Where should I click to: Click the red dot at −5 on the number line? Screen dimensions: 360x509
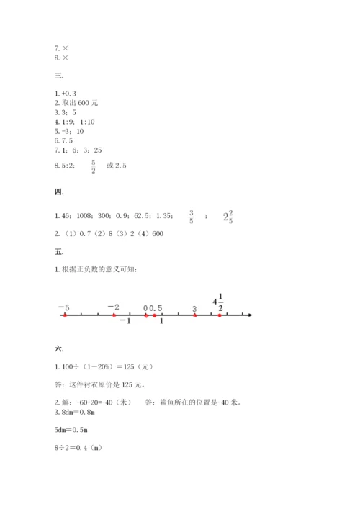click(65, 315)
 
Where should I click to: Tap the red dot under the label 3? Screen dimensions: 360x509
click(195, 315)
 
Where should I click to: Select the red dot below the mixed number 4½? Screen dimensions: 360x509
click(220, 315)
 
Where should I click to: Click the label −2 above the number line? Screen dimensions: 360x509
click(113, 307)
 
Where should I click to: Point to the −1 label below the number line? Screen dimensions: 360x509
click(125, 321)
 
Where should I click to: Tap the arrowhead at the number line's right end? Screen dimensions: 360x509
click(248, 315)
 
